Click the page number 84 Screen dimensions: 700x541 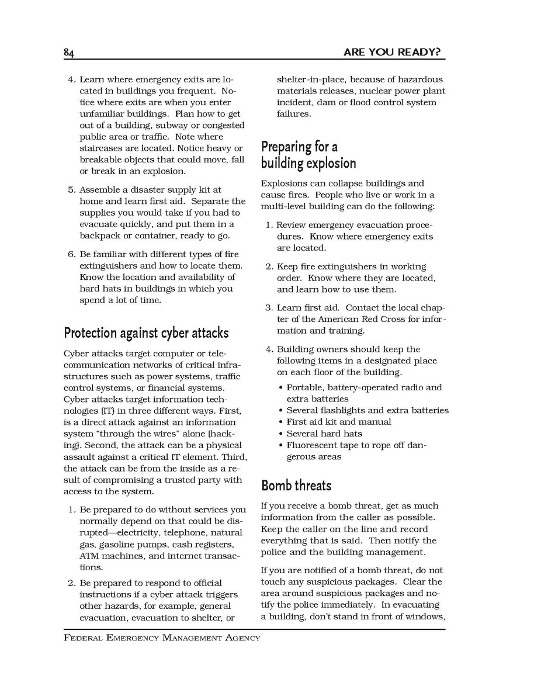69,53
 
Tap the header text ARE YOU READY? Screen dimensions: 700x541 391,53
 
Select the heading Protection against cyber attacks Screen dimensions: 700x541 146,333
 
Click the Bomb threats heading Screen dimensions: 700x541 296,486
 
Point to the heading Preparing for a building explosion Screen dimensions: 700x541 308,155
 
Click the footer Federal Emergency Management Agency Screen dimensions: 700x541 162,637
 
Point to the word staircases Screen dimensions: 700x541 102,148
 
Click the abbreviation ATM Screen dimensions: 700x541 89,556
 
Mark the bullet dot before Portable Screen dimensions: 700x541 281,387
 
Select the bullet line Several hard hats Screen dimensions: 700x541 324,434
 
